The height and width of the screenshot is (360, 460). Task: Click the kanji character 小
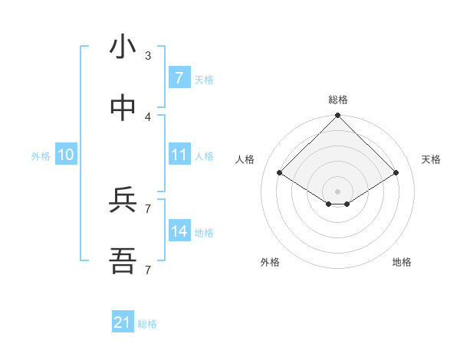click(x=123, y=47)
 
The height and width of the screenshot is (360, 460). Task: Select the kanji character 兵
click(x=123, y=201)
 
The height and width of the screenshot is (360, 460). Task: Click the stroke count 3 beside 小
click(x=148, y=56)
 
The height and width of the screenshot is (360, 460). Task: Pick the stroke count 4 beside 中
click(x=148, y=117)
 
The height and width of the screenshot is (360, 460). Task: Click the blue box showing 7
click(x=179, y=78)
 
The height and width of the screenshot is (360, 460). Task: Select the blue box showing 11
click(x=179, y=155)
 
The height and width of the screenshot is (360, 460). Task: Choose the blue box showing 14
click(x=179, y=231)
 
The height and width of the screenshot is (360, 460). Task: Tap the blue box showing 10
click(x=66, y=155)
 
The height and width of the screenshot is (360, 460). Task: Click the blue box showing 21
click(x=122, y=323)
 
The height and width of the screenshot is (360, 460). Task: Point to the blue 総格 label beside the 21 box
click(x=147, y=324)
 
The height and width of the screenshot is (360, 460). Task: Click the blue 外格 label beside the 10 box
click(x=41, y=156)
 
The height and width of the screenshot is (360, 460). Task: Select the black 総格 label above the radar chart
click(x=338, y=100)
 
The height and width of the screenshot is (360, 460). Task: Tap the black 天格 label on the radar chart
click(x=431, y=159)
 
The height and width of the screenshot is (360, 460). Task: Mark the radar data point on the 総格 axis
click(x=338, y=116)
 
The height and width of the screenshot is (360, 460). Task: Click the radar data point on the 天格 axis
click(x=396, y=172)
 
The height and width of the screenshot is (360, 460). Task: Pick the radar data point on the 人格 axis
click(x=280, y=172)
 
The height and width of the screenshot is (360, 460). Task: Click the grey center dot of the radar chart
click(x=338, y=191)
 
